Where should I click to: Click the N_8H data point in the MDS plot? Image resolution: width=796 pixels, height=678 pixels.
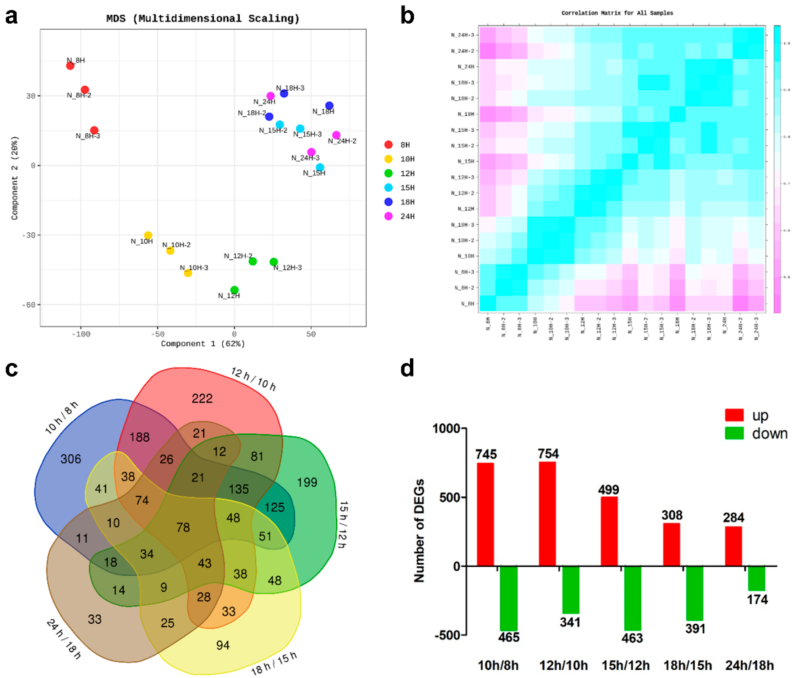(x=70, y=66)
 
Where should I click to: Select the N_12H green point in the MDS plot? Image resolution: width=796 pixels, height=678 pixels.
(x=234, y=290)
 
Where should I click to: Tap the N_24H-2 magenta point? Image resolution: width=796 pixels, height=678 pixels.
(x=336, y=135)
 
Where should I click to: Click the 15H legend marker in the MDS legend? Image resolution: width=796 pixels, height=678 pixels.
(x=388, y=187)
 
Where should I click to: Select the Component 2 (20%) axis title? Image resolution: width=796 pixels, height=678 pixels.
(x=15, y=178)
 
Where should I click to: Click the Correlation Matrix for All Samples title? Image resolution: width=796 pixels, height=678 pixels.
(x=617, y=13)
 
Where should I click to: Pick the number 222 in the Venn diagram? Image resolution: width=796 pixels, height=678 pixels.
(x=202, y=399)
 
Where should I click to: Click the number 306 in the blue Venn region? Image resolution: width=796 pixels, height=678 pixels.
(x=71, y=459)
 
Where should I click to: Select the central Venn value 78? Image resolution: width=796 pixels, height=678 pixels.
(x=183, y=527)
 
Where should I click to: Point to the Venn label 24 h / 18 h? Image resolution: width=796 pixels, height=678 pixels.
(x=64, y=638)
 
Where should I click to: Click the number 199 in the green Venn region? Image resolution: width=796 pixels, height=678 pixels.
(x=307, y=482)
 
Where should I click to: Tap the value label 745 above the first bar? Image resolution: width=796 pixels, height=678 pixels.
(x=486, y=454)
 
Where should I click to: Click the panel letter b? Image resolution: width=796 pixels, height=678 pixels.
(x=407, y=16)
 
